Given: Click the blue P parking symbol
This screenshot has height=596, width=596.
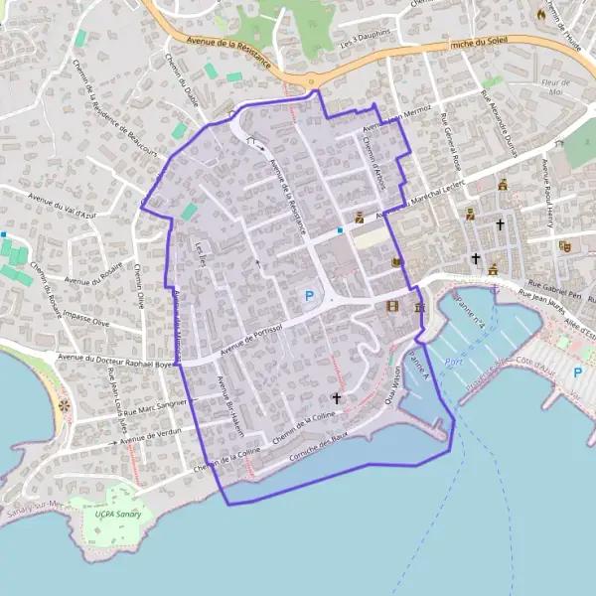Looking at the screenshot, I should click(308, 295).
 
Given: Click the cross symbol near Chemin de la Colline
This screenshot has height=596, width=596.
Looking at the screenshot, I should click(337, 398).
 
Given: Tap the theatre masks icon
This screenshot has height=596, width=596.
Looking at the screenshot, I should click(565, 245).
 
